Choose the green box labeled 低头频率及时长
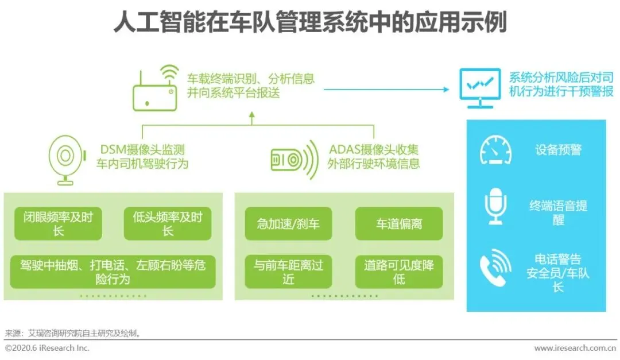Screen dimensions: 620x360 (168, 223)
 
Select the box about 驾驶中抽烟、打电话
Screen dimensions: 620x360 (113, 272)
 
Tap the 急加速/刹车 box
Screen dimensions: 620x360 (288, 223)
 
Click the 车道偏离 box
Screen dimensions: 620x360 (399, 223)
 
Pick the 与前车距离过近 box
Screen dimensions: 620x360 (288, 272)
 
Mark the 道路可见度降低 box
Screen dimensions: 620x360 (399, 272)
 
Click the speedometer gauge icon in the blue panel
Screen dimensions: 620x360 (495, 150)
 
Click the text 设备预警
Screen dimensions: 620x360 (558, 150)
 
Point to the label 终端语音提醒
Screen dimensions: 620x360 (558, 212)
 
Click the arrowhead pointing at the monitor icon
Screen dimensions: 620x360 (445, 89)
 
